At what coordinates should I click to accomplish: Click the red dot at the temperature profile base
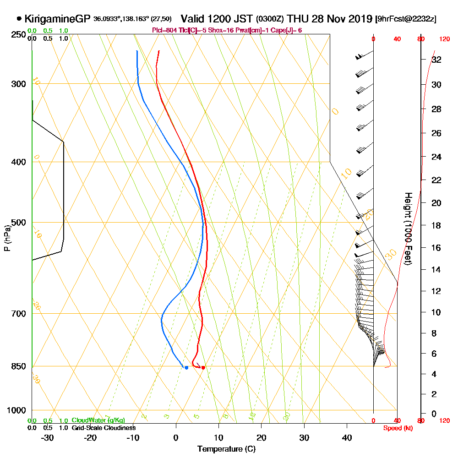pos(203,367)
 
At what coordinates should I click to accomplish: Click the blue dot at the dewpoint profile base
pos(186,368)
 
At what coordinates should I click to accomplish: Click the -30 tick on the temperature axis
pos(48,437)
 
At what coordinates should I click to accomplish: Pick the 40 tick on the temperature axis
pos(347,437)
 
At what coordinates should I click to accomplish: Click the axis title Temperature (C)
pos(227,449)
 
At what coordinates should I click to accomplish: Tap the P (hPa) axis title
pos(7,238)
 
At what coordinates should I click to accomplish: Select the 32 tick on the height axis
pos(436,59)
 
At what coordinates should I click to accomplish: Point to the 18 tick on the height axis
pos(436,225)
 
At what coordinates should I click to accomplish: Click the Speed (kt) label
pos(396,428)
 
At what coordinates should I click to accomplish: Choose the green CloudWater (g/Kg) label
pos(98,420)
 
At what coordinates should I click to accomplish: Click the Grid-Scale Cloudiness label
pos(104,427)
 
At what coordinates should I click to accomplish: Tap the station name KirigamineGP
pos(57,19)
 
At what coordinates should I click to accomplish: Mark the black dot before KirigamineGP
pos(19,19)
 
